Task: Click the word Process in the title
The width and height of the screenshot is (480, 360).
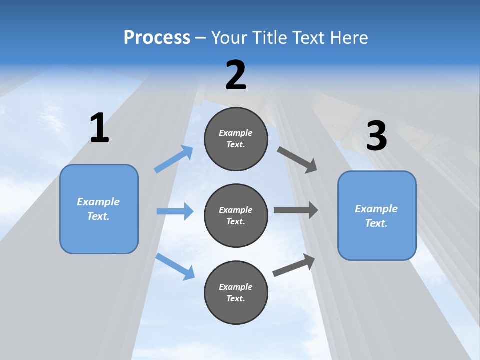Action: [x=157, y=37]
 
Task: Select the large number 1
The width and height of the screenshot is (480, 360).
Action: [x=99, y=128]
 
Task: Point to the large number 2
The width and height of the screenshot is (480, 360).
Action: [x=236, y=75]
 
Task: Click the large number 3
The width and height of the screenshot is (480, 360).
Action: [x=376, y=136]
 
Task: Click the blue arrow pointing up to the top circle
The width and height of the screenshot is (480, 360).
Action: [x=174, y=159]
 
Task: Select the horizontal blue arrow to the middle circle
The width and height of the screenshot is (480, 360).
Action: [x=175, y=211]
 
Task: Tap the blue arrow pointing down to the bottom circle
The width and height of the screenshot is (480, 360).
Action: [x=175, y=266]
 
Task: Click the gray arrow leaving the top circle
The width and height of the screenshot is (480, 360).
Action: [x=297, y=160]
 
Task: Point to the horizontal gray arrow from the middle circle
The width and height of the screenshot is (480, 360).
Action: [x=295, y=210]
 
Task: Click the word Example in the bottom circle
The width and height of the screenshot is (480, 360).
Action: [x=236, y=287]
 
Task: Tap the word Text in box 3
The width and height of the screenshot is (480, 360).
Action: [x=376, y=223]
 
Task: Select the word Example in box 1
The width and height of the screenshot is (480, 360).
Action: [x=98, y=202]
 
